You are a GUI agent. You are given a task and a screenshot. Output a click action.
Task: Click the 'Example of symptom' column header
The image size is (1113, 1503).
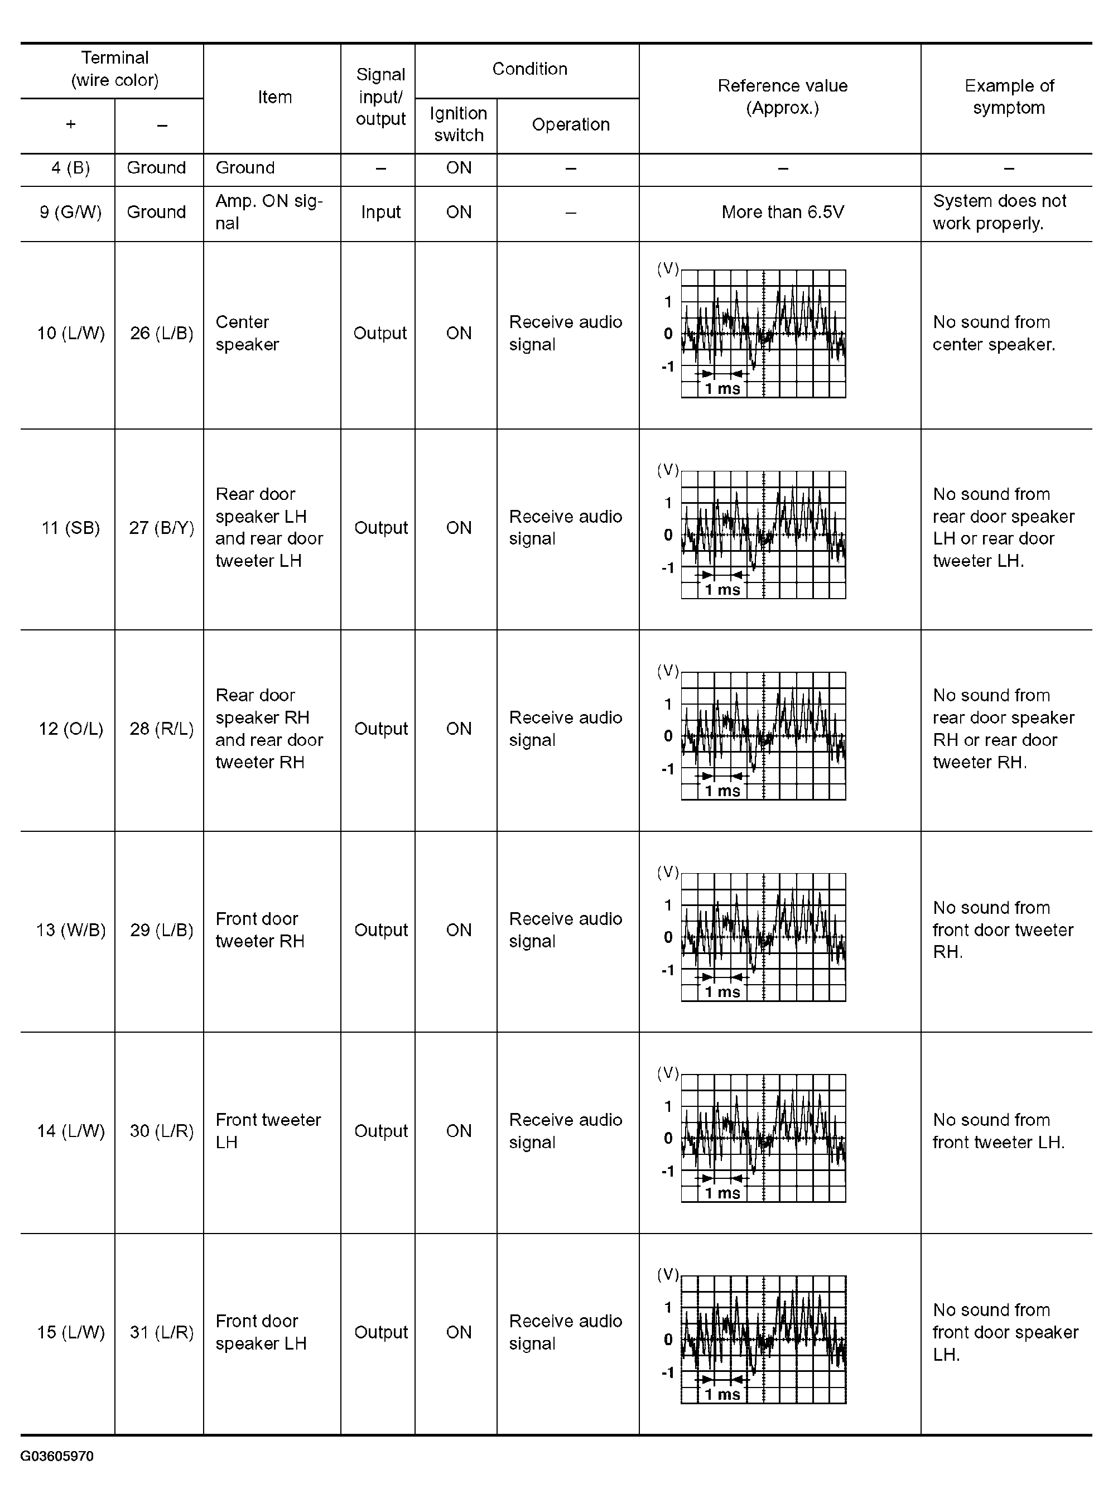(1008, 97)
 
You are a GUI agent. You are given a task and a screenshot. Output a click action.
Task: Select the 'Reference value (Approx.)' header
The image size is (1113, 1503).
(782, 97)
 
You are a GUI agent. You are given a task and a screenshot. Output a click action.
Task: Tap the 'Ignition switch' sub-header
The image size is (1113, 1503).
(458, 124)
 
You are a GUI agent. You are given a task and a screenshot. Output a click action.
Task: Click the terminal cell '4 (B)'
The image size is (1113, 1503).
(70, 168)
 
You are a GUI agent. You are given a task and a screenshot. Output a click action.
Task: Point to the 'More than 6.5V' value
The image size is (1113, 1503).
(782, 212)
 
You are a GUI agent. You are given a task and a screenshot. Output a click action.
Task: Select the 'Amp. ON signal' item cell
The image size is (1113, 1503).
(268, 212)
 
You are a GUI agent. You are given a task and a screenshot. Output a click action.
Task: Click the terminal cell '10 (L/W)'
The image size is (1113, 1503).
(70, 334)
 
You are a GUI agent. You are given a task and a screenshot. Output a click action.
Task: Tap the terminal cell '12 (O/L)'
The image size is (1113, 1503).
(70, 729)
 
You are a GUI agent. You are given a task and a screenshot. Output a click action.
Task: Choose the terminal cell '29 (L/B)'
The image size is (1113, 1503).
(161, 931)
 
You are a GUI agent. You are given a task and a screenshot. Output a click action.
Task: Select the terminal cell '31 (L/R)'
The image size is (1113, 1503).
(161, 1332)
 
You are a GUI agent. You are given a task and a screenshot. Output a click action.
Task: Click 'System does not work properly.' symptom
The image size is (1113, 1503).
(999, 212)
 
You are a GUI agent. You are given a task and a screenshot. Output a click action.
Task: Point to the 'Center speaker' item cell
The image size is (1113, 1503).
(247, 334)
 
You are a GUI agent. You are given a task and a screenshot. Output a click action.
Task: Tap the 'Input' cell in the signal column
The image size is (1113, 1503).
(380, 212)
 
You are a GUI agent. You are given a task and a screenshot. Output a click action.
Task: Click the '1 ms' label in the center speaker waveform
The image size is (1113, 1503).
(722, 389)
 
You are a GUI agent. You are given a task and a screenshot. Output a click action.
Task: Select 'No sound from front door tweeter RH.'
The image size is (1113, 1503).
(1003, 931)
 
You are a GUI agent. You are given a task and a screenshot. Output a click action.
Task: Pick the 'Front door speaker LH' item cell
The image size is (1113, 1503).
(261, 1332)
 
